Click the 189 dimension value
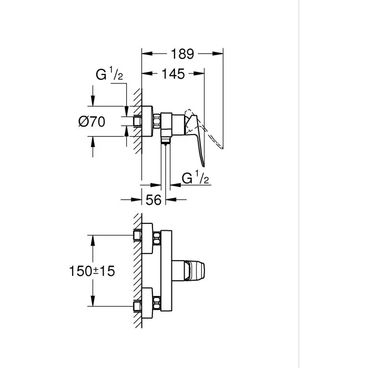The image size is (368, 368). coord(182,53)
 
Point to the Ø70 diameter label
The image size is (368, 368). coord(92,122)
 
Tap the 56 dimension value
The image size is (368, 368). coord(154,199)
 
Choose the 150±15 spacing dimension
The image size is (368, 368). coord(91,272)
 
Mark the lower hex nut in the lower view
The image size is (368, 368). coord(156,304)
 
